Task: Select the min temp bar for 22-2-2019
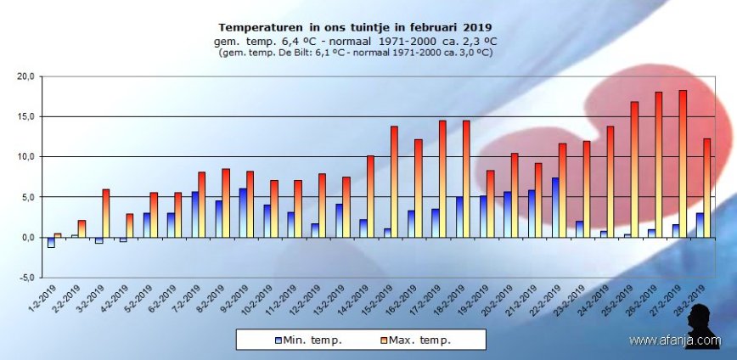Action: pyautogui.click(x=555, y=207)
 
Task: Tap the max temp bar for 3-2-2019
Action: pyautogui.click(x=105, y=213)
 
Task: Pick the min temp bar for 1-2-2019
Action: pyautogui.click(x=51, y=242)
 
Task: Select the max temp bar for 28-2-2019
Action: pyautogui.click(x=706, y=188)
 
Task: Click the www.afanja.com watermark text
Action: pyautogui.click(x=675, y=340)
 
